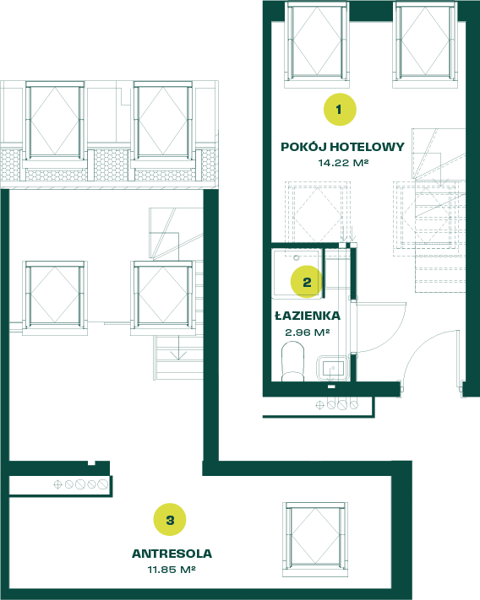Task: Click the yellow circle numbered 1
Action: pos(340,110)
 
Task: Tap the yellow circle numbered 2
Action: pos(307,282)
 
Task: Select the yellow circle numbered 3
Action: pos(170,520)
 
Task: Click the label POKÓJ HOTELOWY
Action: pos(342,147)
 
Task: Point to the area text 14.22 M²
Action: pos(343,163)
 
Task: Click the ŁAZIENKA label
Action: pos(308,316)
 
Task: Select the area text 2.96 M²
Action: pos(308,332)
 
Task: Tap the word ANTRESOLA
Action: pos(172,554)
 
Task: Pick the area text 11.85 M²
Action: pos(172,570)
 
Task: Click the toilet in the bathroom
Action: pos(292,362)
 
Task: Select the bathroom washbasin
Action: pos(333,368)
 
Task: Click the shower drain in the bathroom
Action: pos(296,258)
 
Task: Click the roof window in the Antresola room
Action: pos(315,539)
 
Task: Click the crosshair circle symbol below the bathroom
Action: pos(319,405)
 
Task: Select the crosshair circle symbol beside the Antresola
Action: pos(57,485)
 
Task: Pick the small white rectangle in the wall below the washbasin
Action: pos(331,386)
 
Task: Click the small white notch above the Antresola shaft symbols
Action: pos(91,463)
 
